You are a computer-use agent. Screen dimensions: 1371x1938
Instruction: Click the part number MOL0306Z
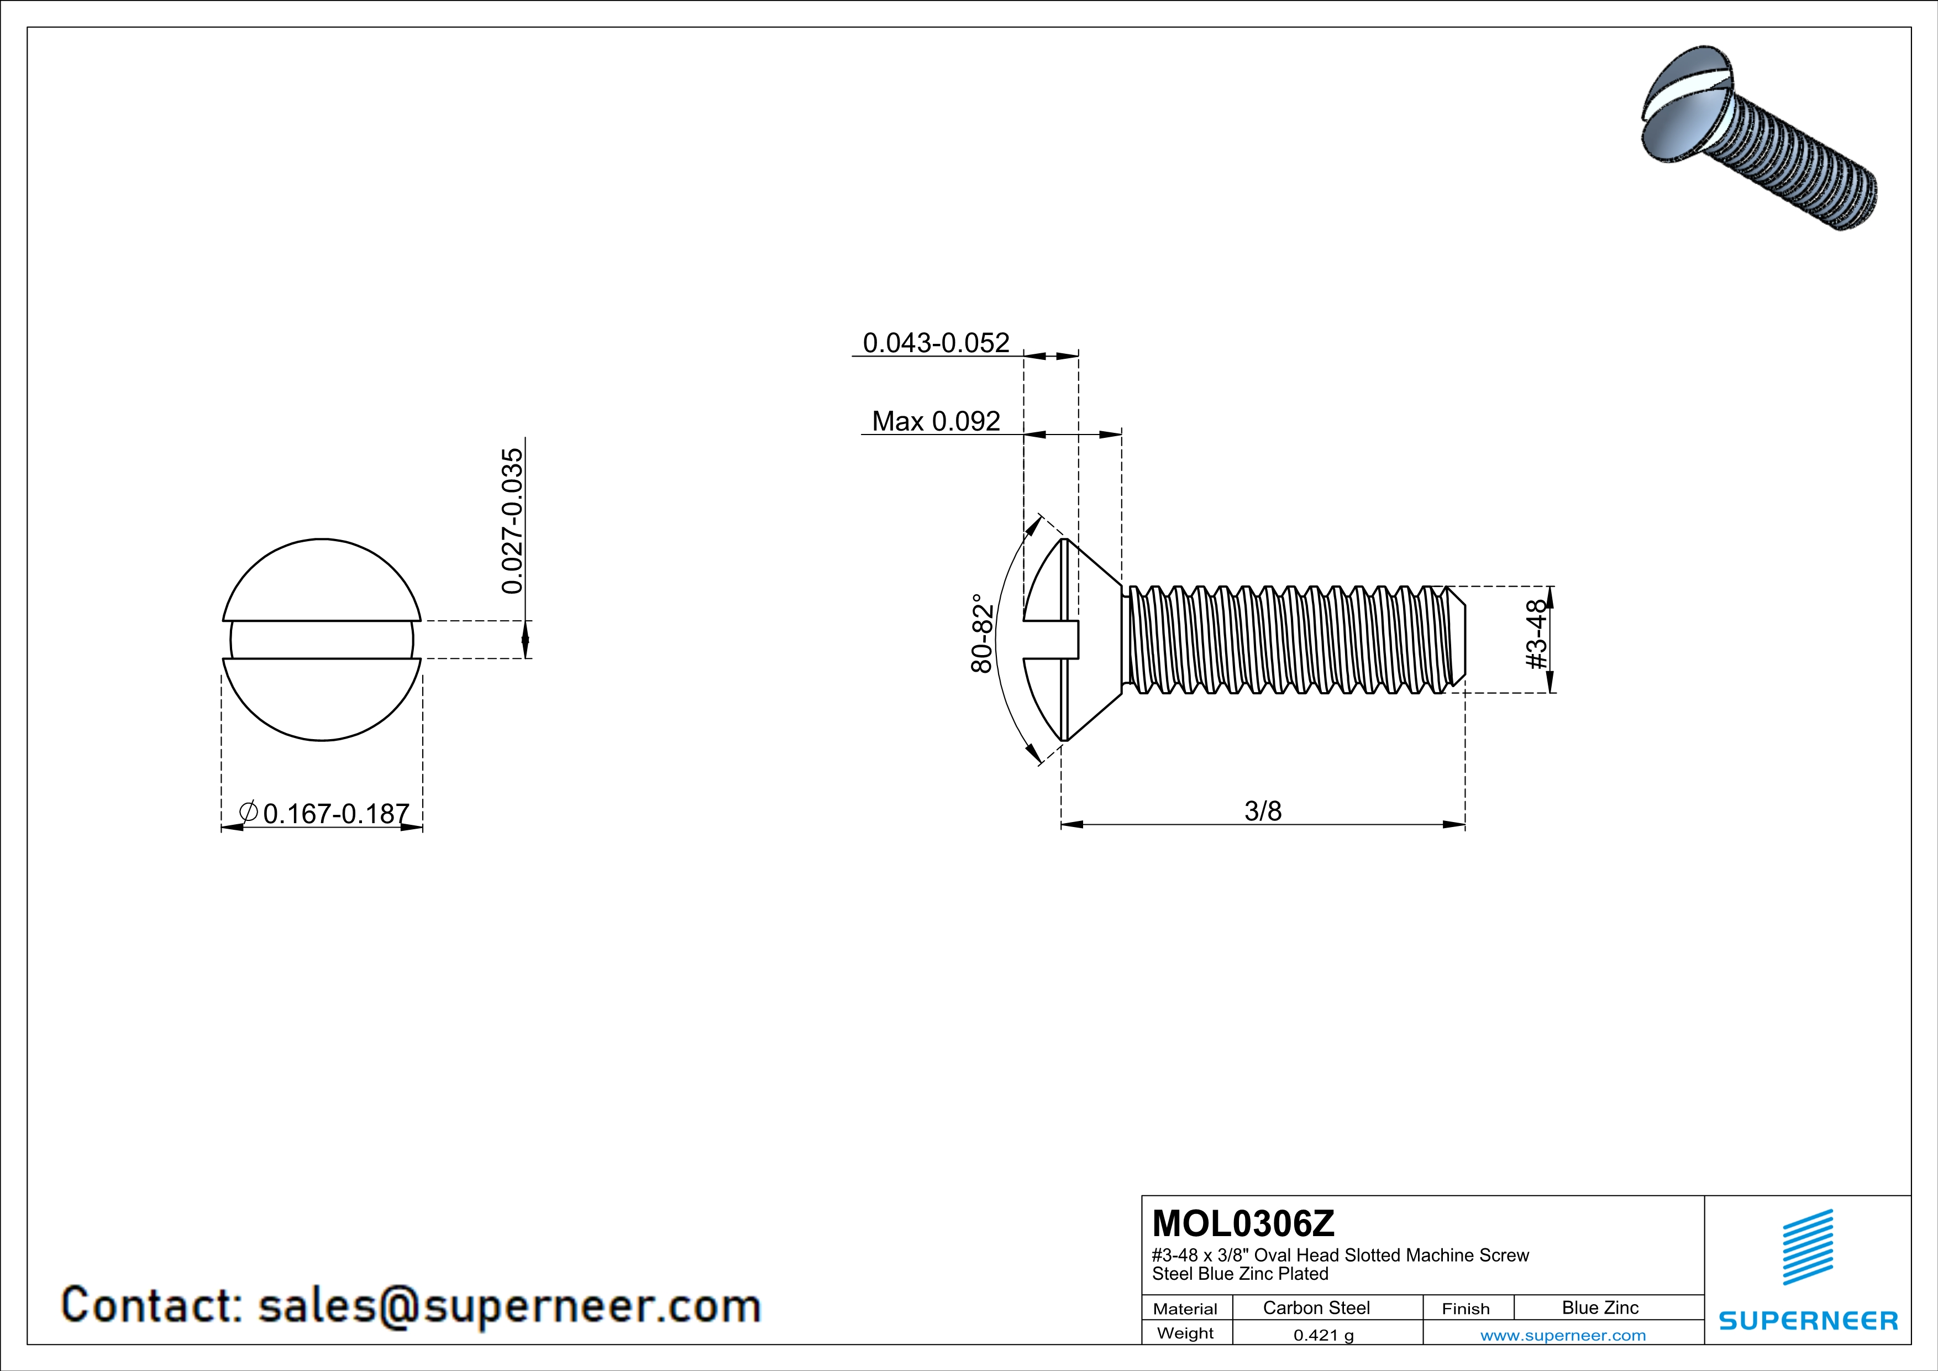pyautogui.click(x=1243, y=1223)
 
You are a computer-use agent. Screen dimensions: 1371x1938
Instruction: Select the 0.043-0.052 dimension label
pyautogui.click(x=935, y=343)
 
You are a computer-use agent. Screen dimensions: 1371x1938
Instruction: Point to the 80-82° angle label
pyautogui.click(x=981, y=632)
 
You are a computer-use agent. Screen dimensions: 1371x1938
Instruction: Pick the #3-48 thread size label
pyautogui.click(x=1538, y=634)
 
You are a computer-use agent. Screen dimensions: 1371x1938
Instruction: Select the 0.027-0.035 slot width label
pyautogui.click(x=512, y=521)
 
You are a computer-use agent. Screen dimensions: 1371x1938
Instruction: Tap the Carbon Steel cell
pyautogui.click(x=1316, y=1307)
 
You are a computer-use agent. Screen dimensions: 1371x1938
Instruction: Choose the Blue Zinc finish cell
pyautogui.click(x=1599, y=1307)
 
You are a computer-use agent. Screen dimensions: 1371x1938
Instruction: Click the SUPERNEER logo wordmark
pyautogui.click(x=1808, y=1320)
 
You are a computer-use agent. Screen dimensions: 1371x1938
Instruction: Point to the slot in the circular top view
pyautogui.click(x=322, y=640)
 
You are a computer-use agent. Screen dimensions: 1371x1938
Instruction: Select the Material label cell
pyautogui.click(x=1185, y=1309)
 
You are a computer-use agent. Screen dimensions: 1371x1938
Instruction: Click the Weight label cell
pyautogui.click(x=1185, y=1333)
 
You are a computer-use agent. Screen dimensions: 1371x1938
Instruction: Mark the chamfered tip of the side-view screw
pyautogui.click(x=1458, y=639)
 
